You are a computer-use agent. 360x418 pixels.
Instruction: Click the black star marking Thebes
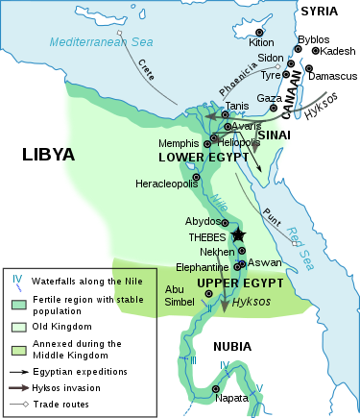[x=238, y=235]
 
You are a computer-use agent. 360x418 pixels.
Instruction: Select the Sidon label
[x=271, y=59]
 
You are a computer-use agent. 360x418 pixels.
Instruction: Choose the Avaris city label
[x=249, y=125]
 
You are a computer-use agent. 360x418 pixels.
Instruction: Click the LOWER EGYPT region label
[x=196, y=156]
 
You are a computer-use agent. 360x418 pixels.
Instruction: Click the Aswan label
[x=267, y=262]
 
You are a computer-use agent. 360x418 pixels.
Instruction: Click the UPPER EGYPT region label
[x=240, y=283]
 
